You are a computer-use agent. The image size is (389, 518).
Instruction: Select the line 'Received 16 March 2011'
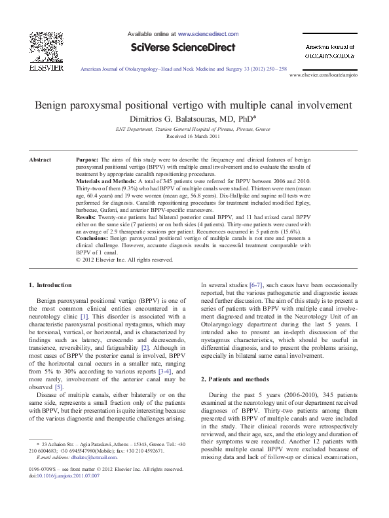194,136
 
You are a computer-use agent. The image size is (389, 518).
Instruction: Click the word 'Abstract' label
41,160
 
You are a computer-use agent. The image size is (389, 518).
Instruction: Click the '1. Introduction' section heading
54,285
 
